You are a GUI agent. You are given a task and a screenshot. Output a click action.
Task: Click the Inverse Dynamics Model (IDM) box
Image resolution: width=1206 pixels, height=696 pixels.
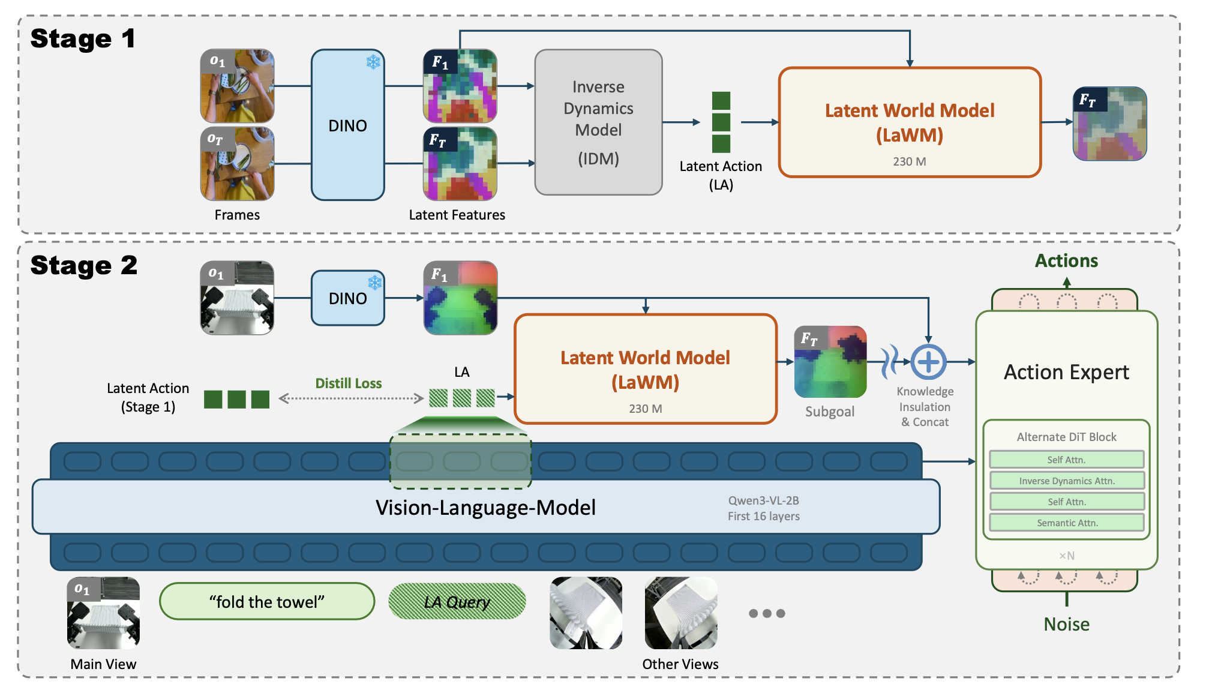tap(598, 122)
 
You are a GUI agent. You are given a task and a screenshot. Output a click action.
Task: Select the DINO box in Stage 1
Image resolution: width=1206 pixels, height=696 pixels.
tap(348, 125)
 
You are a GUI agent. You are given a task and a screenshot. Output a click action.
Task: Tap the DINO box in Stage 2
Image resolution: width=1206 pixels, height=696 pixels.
tap(348, 298)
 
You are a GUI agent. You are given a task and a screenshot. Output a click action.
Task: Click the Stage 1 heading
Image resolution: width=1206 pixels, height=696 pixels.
tap(83, 39)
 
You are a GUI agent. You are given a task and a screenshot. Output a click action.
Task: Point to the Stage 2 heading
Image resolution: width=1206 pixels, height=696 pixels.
tap(84, 266)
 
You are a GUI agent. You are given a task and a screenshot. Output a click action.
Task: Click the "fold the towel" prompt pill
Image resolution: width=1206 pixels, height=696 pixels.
tap(267, 601)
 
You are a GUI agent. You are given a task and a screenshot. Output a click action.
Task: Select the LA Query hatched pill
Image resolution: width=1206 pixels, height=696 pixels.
tap(457, 601)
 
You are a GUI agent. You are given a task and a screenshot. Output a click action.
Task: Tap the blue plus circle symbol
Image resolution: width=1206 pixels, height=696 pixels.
tap(928, 362)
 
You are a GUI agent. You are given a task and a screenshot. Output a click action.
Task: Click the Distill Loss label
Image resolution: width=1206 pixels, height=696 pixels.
tap(349, 383)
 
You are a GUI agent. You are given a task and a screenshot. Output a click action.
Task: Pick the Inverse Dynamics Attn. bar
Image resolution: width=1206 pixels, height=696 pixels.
tap(1067, 481)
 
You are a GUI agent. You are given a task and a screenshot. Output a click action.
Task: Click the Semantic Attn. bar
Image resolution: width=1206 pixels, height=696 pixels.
tap(1067, 523)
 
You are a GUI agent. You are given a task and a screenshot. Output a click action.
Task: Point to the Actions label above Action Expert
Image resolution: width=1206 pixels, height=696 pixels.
tap(1066, 261)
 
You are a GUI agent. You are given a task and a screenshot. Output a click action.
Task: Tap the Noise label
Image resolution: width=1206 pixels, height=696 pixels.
tap(1066, 625)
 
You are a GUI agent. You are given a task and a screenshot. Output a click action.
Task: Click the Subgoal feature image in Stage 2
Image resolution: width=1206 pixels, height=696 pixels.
tap(830, 362)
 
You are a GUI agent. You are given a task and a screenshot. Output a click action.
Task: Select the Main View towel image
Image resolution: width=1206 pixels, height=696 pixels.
tap(103, 613)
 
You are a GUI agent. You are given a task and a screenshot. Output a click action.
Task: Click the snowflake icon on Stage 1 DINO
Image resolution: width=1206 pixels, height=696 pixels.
tap(373, 62)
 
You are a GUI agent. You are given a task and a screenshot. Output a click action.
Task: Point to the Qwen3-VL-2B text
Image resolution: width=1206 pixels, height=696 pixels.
tap(763, 500)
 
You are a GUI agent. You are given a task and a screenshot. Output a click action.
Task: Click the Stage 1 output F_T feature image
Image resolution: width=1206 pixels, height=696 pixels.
tap(1110, 124)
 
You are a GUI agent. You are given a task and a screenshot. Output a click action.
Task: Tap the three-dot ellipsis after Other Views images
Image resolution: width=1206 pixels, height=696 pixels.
tap(767, 613)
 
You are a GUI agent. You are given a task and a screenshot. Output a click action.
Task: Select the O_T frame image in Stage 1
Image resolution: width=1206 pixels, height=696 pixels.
tap(238, 163)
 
